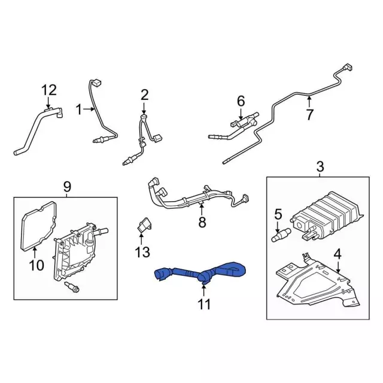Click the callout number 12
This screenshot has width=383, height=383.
tap(48, 90)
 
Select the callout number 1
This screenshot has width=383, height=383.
tap(78, 109)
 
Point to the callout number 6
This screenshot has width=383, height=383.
tap(241, 101)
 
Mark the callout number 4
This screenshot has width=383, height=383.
tap(338, 254)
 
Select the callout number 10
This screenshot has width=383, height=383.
tap(37, 264)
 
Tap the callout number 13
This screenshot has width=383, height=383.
tap(142, 253)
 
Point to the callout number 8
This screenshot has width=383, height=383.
tap(202, 223)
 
